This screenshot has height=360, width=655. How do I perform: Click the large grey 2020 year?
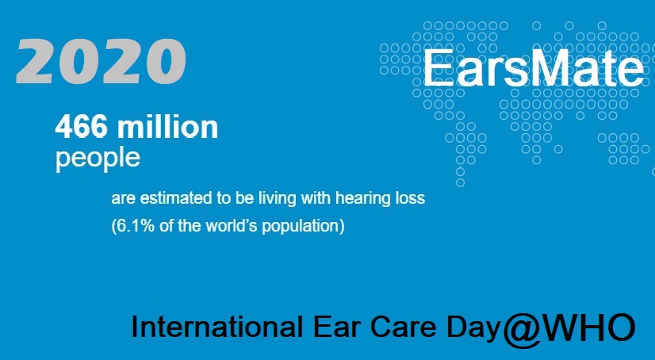pyautogui.click(x=101, y=61)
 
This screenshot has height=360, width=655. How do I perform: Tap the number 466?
pyautogui.click(x=81, y=127)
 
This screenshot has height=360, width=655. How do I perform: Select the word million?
pyautogui.click(x=167, y=126)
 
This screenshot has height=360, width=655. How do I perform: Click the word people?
pyautogui.click(x=98, y=159)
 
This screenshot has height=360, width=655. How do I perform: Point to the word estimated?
pyautogui.click(x=176, y=198)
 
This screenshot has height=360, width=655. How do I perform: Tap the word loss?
pyautogui.click(x=410, y=197)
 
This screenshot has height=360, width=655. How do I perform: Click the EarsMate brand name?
pyautogui.click(x=534, y=68)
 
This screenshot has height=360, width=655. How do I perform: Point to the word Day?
pyautogui.click(x=473, y=328)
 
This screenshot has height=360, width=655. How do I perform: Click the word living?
pyautogui.click(x=277, y=199)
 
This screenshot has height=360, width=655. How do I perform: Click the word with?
pyautogui.click(x=316, y=197)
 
